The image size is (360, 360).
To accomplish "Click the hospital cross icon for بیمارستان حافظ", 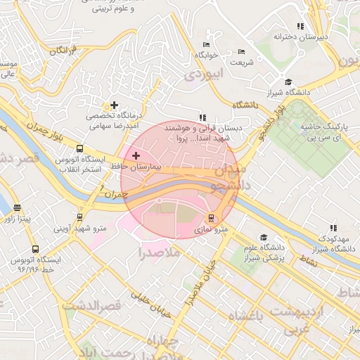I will (x=135, y=154).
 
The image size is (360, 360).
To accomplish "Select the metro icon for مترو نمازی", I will (x=212, y=217).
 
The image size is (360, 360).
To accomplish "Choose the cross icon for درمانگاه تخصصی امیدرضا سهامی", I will (x=114, y=105).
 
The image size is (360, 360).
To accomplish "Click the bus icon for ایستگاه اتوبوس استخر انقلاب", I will (x=79, y=149).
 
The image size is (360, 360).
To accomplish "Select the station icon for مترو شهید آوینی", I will (x=79, y=217).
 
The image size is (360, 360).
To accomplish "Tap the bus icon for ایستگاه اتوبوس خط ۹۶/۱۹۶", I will (x=35, y=249).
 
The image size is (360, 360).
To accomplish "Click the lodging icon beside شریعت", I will (x=242, y=51).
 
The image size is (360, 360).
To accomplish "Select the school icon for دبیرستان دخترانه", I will (x=300, y=26).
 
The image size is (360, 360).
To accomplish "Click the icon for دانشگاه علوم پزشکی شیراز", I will (x=264, y=237).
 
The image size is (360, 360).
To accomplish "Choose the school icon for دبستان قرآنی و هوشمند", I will (x=202, y=117).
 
